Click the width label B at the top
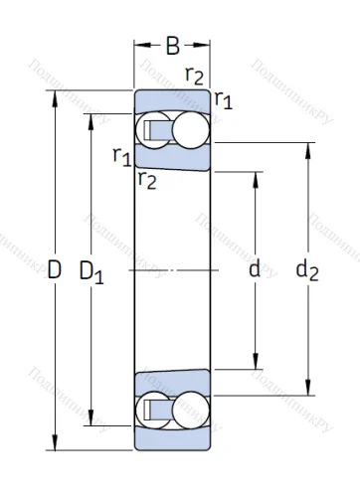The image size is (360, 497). click(173, 46)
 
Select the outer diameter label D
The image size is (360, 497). click(54, 269)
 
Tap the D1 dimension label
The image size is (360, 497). click(91, 270)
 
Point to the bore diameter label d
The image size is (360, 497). click(255, 269)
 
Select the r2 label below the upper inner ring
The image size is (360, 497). click(147, 179)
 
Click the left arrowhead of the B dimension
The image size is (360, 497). click(139, 46)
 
